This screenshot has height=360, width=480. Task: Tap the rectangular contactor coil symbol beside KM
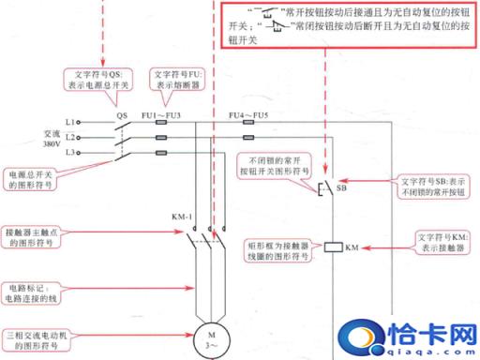[x=333, y=248]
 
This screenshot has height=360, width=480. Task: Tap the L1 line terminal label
[x=70, y=122]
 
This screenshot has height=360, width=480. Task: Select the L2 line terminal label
[x=70, y=137]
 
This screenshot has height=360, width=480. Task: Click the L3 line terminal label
[x=70, y=152]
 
